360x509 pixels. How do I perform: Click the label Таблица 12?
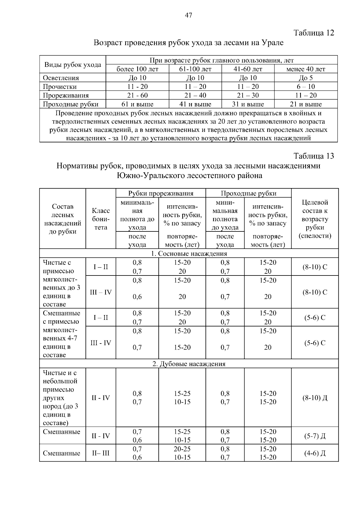coord(314,33)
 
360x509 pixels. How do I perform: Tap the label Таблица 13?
coord(314,156)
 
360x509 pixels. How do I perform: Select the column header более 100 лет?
coord(137,69)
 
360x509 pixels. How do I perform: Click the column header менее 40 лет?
coord(306,69)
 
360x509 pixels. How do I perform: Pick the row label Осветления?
coord(61,78)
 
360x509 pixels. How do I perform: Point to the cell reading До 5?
coord(306,78)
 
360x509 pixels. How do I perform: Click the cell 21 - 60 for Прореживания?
coord(137,95)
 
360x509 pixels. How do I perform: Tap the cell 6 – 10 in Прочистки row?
coord(306,87)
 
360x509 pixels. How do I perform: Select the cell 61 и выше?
coord(137,104)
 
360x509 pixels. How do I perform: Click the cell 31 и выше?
coord(248,104)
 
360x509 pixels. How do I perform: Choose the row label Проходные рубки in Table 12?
coord(71,104)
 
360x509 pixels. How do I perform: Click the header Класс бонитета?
coord(101,219)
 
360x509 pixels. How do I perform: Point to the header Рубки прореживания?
coord(161,193)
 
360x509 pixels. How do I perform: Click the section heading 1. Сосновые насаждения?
coord(189,254)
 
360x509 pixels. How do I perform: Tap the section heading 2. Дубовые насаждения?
coord(189,364)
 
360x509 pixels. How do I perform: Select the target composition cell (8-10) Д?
coord(315,398)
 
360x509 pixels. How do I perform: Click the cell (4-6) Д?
coord(315,453)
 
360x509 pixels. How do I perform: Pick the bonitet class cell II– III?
coord(101,453)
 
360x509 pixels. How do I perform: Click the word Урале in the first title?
coord(273,43)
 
